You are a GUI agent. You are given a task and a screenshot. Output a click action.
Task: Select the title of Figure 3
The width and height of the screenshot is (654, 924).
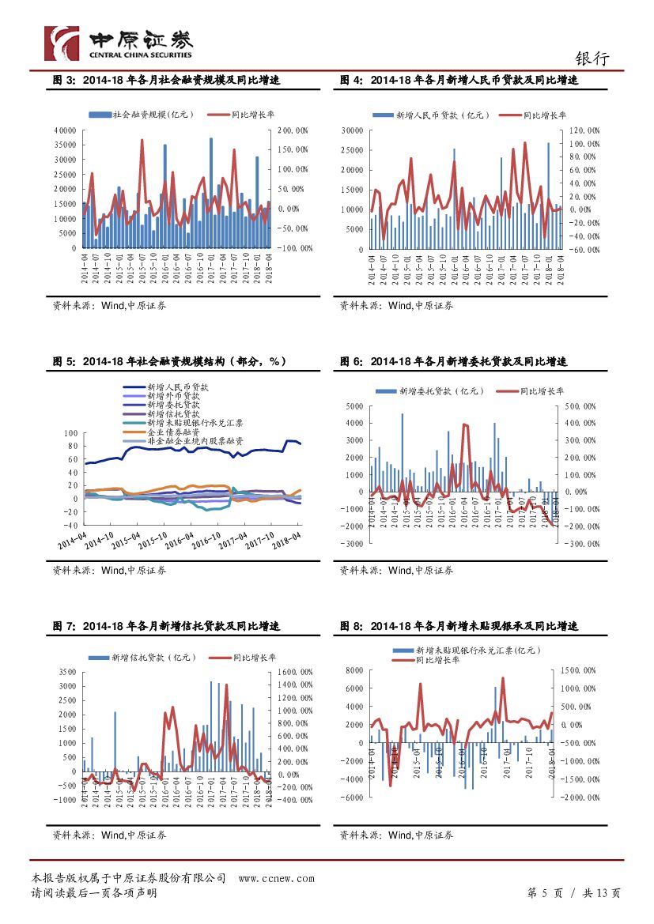point(166,80)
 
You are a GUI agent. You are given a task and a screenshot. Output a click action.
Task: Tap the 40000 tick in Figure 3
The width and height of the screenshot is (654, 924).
point(64,130)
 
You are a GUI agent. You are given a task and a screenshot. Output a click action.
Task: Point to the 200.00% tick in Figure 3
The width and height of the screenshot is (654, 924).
point(293,130)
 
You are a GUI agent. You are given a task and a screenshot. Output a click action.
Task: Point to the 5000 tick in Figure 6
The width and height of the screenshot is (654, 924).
point(353,406)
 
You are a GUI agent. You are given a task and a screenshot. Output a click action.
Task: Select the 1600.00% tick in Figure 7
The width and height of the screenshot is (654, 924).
point(294,673)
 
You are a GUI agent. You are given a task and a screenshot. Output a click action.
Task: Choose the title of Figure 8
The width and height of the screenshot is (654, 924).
point(459,626)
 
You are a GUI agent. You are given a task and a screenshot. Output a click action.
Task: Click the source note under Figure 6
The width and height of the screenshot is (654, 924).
point(396,570)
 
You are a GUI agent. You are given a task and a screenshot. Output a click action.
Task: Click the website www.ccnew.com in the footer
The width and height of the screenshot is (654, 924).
point(276,878)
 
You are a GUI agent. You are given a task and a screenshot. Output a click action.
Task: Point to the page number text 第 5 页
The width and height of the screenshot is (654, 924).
point(545,893)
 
